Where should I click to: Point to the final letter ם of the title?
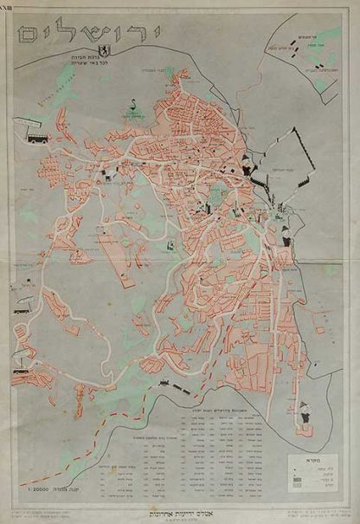click(x=32, y=35)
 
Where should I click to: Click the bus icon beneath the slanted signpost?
click(x=37, y=137)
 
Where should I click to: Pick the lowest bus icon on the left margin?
click(x=21, y=375)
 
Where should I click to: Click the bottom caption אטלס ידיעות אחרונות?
click(x=179, y=508)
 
